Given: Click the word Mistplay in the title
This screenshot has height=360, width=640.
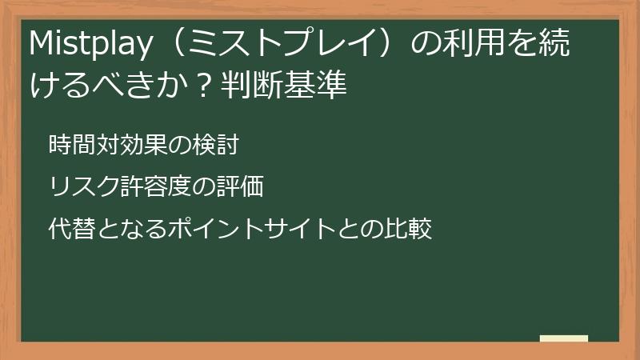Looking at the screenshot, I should [88, 46].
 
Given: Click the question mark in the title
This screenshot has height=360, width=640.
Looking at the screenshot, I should [203, 86].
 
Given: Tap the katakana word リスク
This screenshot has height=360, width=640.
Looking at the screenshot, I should [84, 187].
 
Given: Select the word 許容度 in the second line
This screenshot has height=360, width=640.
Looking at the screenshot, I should [157, 187].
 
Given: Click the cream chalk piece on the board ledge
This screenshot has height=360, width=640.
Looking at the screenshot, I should [564, 338].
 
